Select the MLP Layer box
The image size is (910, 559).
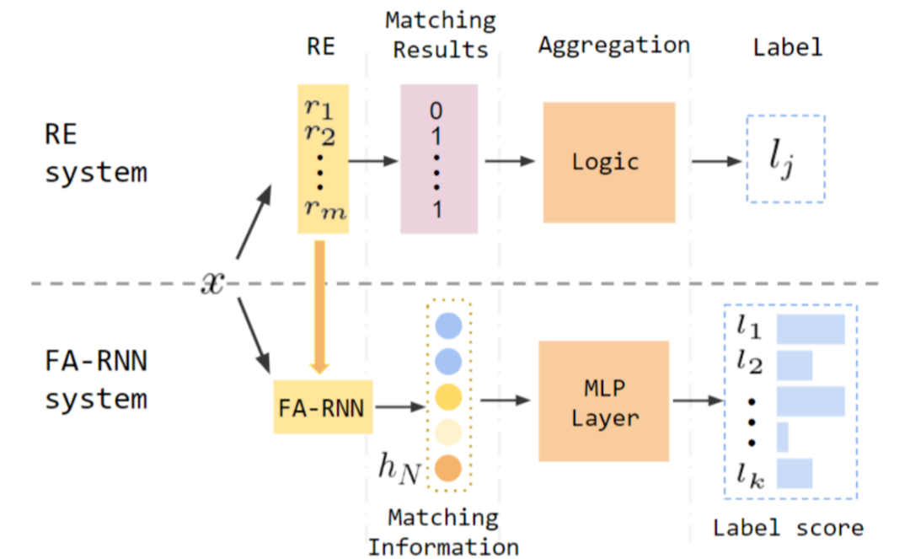pyautogui.click(x=603, y=400)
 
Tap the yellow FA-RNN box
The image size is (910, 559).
pyautogui.click(x=321, y=407)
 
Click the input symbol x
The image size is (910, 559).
pyautogui.click(x=212, y=283)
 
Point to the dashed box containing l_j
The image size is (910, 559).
pyautogui.click(x=785, y=159)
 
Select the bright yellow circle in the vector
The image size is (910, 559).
pyautogui.click(x=448, y=396)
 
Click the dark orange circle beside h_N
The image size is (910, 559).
pyautogui.click(x=448, y=469)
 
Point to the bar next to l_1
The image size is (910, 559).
pyautogui.click(x=810, y=328)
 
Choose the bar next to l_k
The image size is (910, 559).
pyautogui.click(x=794, y=473)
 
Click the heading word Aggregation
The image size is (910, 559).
pyautogui.click(x=613, y=45)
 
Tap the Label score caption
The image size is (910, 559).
pyautogui.click(x=788, y=529)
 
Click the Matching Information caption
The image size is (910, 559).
pyautogui.click(x=443, y=531)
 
